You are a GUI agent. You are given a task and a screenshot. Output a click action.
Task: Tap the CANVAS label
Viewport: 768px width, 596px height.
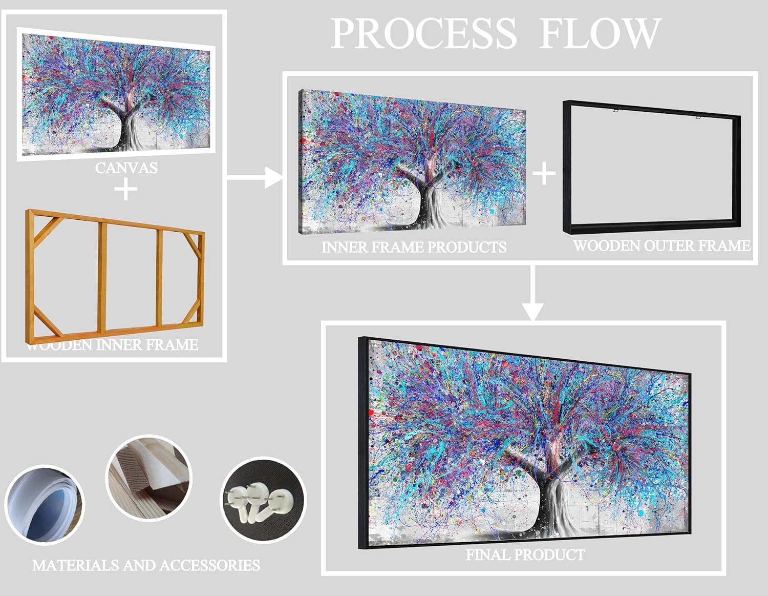point(126,168)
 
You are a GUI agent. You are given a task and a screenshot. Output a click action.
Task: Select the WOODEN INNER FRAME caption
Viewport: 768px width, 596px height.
point(113,345)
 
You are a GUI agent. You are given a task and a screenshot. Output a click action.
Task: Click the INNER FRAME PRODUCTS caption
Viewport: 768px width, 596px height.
point(414,247)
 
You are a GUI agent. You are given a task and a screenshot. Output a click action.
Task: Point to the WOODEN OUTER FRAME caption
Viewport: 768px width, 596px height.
point(662,246)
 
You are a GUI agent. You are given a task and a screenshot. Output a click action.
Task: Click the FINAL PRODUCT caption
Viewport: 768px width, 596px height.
point(525,555)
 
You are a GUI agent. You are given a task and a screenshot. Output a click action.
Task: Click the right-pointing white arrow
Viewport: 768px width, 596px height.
point(254,177)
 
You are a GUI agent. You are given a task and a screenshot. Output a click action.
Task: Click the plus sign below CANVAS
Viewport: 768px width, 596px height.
point(126,189)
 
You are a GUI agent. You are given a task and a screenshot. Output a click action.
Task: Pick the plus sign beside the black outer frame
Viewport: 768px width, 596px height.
point(544,173)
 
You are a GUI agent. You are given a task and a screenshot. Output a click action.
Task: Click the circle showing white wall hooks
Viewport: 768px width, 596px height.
point(263,500)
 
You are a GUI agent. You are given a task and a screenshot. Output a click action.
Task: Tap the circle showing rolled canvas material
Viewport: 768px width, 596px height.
point(45,505)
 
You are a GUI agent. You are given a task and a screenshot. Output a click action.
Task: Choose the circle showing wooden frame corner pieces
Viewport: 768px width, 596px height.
point(149,478)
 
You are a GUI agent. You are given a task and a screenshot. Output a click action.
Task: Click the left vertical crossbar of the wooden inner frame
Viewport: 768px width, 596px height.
point(102,277)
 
